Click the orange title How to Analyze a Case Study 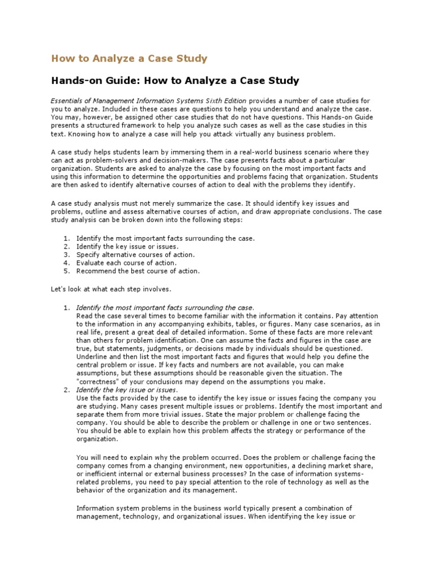point(130,59)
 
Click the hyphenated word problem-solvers point(96,160)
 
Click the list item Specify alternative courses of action point(135,255)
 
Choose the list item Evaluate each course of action point(126,263)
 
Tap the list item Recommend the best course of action point(138,270)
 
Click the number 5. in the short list point(66,270)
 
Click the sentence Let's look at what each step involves point(111,289)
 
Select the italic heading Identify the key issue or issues point(127,389)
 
